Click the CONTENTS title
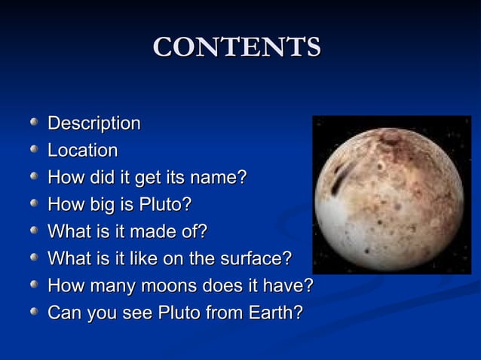237,47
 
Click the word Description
94,123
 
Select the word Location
83,150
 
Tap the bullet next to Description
34,121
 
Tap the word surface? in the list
255,258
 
